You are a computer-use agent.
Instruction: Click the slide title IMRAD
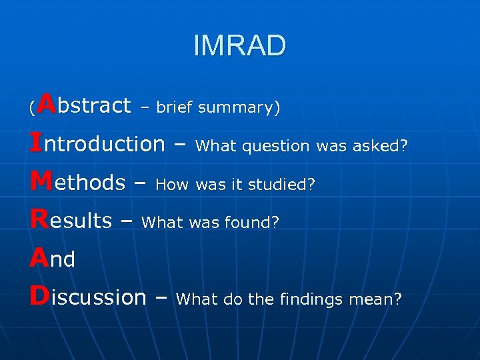239,46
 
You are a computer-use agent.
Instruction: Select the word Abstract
83,105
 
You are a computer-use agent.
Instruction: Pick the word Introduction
97,143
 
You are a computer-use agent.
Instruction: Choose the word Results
71,221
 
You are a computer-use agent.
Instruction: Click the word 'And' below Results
52,259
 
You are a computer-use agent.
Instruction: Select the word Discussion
87,297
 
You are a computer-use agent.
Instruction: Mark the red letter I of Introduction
35,143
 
